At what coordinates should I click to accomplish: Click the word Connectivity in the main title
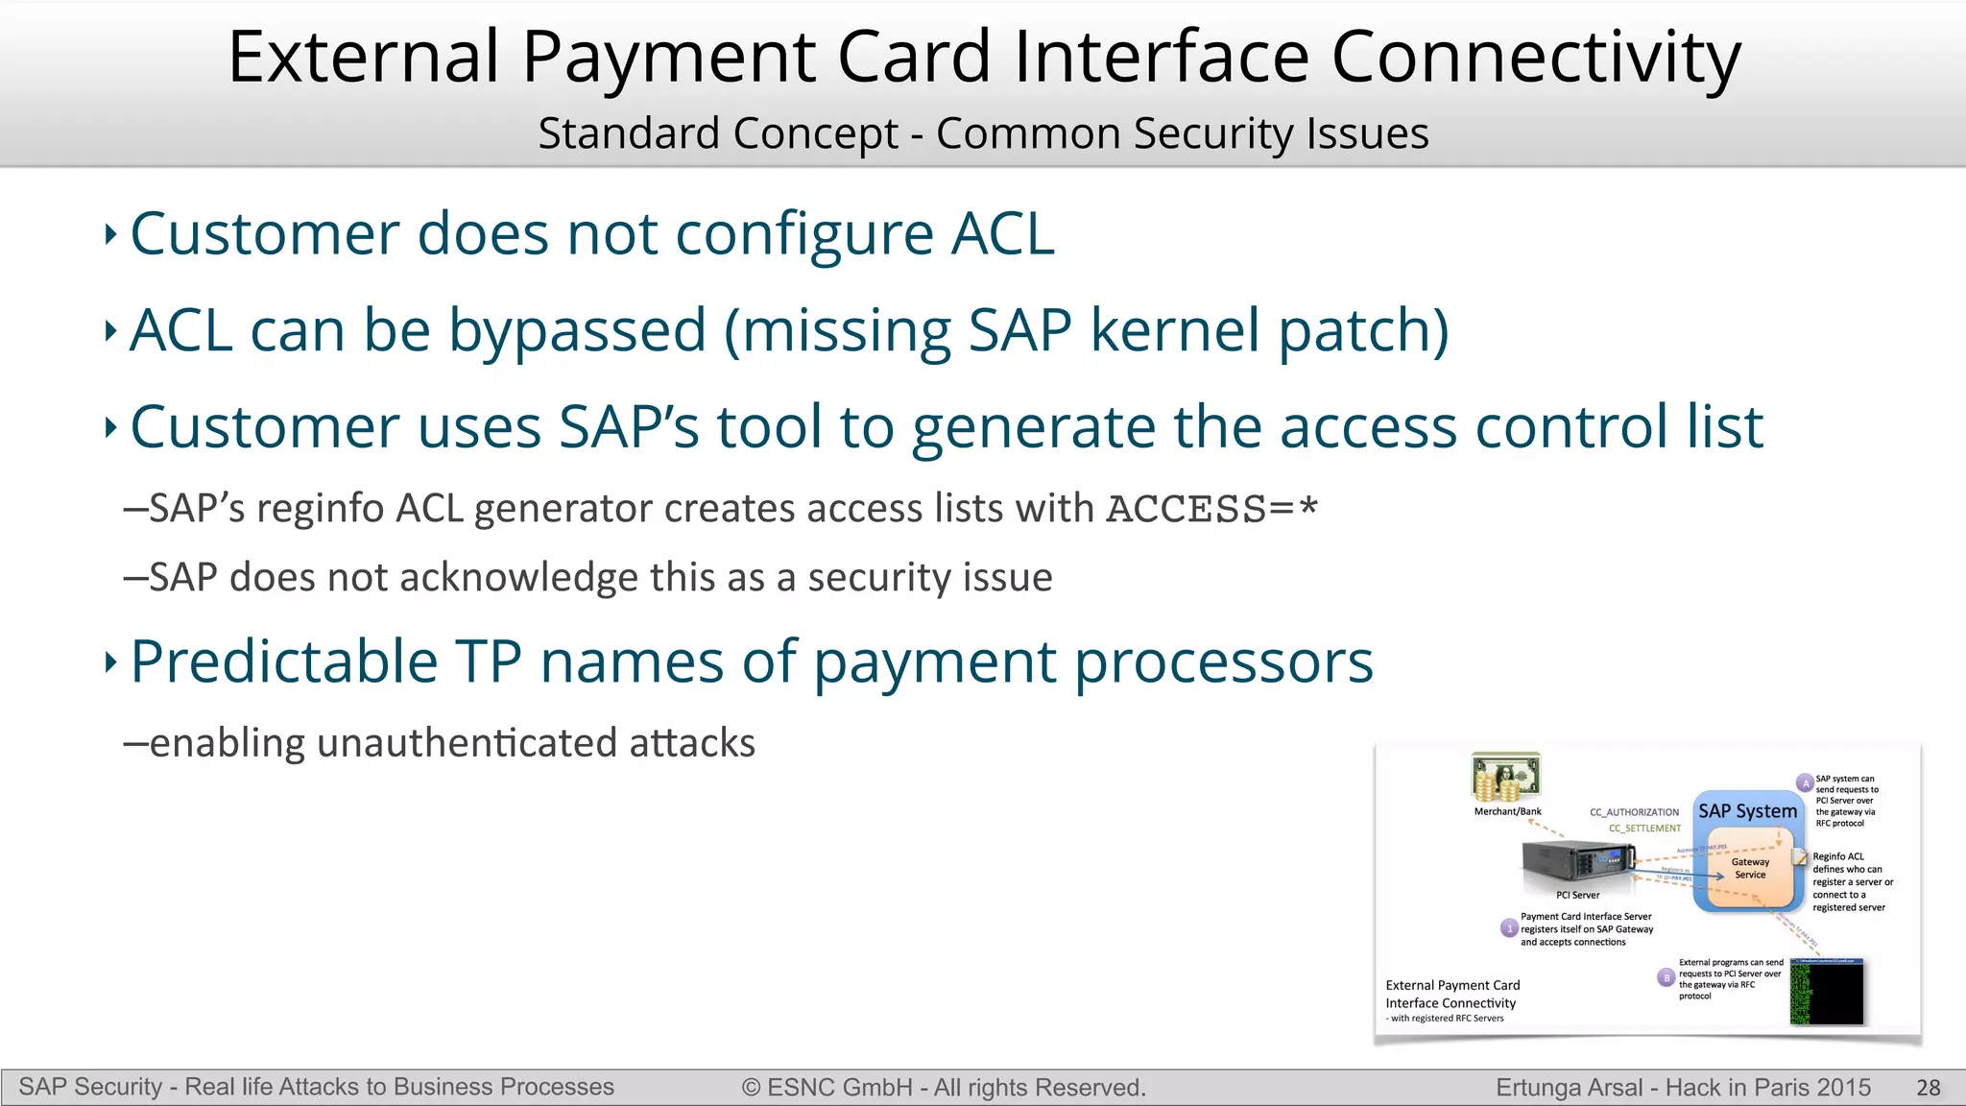pos(1535,58)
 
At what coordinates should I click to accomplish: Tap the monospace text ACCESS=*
pos(1211,509)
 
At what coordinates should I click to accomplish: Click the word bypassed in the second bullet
pos(577,331)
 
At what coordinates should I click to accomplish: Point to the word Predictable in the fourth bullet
pos(284,661)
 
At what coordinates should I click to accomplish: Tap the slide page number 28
pos(1928,1088)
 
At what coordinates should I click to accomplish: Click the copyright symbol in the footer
pos(751,1088)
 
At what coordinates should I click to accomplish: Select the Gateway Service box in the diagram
pos(1750,869)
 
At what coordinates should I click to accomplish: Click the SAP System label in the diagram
pos(1747,811)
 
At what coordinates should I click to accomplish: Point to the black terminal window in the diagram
pos(1827,992)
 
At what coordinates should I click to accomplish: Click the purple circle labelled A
pos(1805,783)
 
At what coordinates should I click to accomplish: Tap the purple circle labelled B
pos(1666,977)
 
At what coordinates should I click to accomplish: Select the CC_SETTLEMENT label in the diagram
pos(1644,829)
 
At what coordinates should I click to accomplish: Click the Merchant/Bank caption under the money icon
pos(1507,812)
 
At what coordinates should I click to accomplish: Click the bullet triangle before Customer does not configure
pos(110,234)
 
